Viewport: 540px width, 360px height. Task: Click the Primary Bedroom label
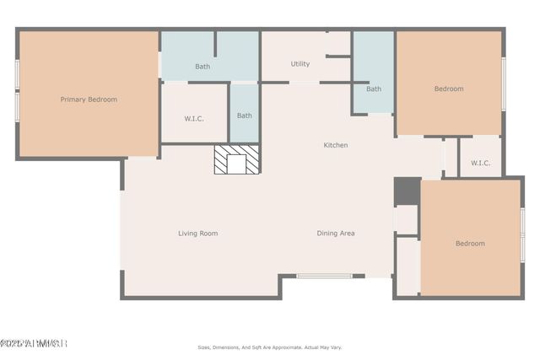click(89, 99)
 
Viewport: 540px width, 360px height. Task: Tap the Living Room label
click(197, 234)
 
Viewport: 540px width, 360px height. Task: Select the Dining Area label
click(336, 234)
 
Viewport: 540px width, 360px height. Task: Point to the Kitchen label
click(336, 145)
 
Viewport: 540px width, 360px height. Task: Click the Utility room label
click(300, 64)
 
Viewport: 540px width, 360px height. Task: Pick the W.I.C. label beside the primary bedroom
click(194, 118)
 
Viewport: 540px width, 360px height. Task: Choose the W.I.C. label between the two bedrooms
click(480, 163)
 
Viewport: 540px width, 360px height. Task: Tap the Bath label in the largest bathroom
click(202, 67)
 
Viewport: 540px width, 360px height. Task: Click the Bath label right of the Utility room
click(373, 89)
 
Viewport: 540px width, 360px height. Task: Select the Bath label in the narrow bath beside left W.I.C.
click(244, 116)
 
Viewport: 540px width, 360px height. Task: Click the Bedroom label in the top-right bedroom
click(449, 89)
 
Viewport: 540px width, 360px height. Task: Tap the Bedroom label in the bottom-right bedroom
click(470, 244)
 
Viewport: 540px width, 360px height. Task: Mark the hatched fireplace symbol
click(236, 160)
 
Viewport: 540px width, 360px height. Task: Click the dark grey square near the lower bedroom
click(407, 191)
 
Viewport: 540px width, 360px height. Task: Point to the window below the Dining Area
click(324, 276)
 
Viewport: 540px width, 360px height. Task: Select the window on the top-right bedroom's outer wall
click(504, 83)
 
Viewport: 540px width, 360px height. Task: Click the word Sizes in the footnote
click(203, 347)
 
